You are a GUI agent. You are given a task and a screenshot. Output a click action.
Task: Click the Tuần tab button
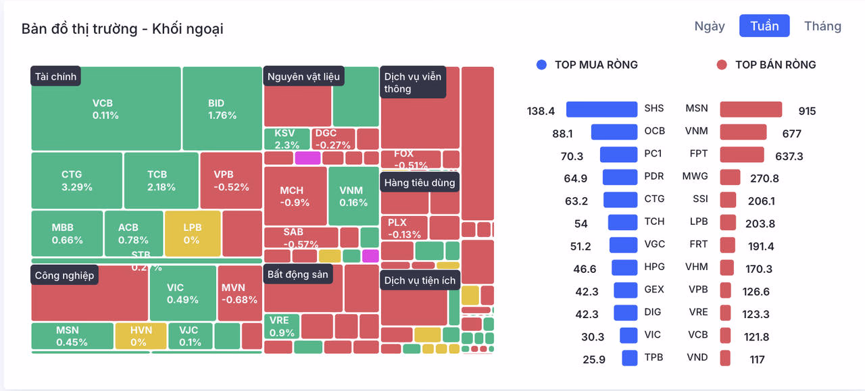(764, 26)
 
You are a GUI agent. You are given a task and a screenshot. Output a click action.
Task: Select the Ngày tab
(710, 26)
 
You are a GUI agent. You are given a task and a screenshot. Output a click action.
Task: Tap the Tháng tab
(822, 26)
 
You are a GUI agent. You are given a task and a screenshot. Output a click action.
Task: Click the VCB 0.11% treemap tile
(105, 109)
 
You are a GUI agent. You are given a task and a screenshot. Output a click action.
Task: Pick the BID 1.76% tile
(222, 109)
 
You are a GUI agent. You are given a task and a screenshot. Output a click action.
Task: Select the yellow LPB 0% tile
(193, 233)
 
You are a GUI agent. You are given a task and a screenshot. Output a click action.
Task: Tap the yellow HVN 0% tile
(141, 336)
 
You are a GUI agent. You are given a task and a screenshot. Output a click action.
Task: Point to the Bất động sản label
(297, 274)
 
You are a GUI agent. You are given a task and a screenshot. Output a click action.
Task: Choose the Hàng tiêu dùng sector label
(420, 182)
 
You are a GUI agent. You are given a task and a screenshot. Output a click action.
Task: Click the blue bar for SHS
(601, 109)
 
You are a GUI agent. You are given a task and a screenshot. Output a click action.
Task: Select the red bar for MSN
(751, 109)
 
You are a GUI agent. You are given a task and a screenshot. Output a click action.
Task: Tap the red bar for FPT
(742, 155)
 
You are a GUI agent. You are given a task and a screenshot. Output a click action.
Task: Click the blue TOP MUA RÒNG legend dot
(541, 65)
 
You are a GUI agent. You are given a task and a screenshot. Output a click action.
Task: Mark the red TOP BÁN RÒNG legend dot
(722, 65)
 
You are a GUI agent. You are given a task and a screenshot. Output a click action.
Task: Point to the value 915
(807, 111)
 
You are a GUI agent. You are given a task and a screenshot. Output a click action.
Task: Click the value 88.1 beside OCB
(562, 134)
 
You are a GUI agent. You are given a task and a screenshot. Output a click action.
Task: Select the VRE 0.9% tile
(282, 326)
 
